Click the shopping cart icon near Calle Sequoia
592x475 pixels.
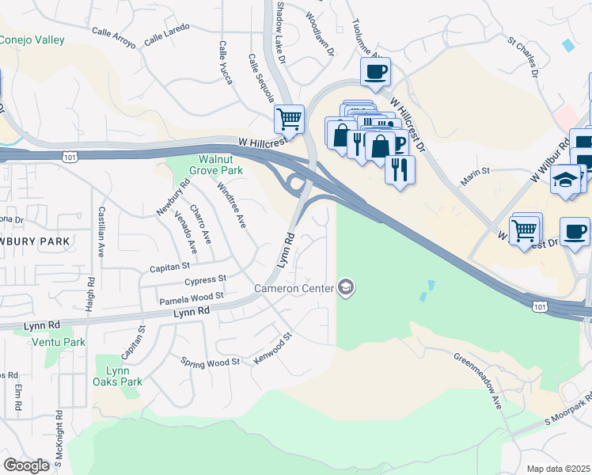(290, 120)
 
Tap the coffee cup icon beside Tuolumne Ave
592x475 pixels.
(375, 72)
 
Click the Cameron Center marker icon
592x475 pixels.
(346, 287)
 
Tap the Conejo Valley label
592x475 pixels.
(32, 40)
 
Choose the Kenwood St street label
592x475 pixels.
(273, 348)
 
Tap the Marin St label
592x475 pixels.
(476, 170)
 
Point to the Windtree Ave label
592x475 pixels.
(232, 204)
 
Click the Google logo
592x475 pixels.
(26, 465)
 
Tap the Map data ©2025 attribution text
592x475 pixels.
(558, 469)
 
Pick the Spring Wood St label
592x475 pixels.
(211, 363)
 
